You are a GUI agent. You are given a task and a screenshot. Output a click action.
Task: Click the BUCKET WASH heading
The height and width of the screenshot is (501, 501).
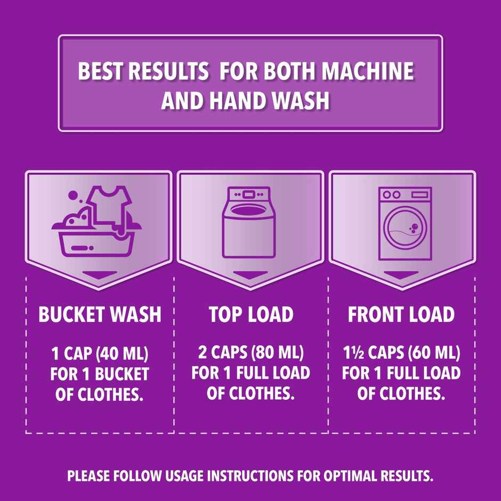point(100,314)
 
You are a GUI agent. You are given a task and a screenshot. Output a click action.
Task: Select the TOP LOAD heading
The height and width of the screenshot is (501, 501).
point(250,314)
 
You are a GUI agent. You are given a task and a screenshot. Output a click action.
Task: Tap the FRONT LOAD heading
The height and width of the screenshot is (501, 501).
point(401,314)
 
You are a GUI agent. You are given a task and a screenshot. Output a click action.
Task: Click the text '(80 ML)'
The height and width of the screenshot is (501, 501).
point(278,353)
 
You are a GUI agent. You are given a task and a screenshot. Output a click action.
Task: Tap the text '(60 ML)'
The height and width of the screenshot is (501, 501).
point(434,353)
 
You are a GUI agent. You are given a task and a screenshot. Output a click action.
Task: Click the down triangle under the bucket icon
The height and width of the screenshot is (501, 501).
point(99,275)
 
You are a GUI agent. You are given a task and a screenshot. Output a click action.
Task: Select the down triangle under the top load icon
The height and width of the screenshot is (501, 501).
point(250,275)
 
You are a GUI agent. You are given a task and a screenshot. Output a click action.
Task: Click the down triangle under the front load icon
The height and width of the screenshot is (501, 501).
point(401,275)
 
